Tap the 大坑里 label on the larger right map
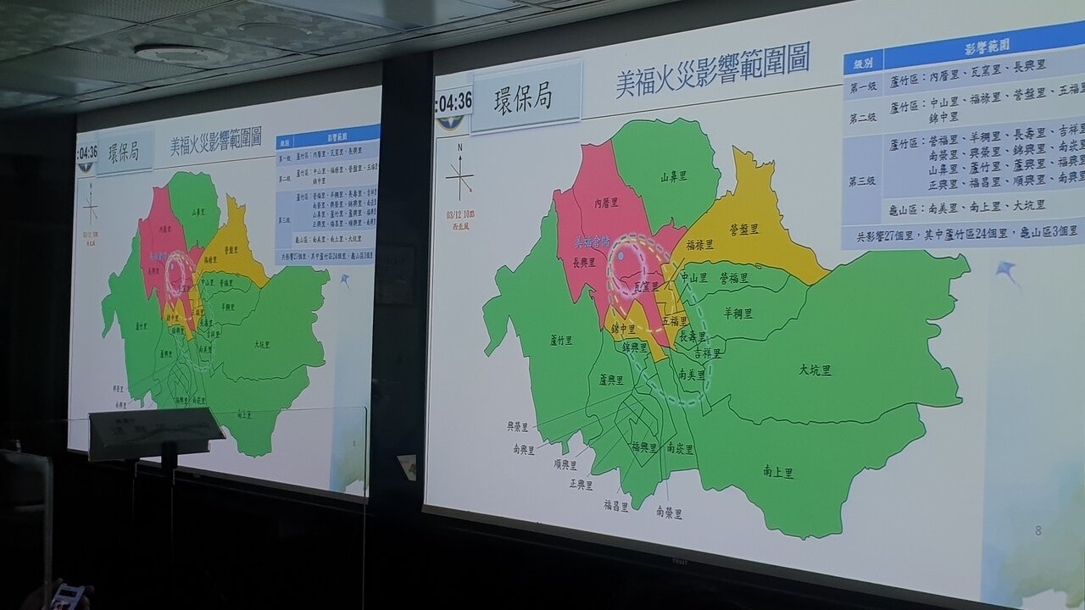(815, 369)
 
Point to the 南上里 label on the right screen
(778, 473)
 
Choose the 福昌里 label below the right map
(616, 505)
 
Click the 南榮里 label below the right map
(668, 513)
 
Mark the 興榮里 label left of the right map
(518, 427)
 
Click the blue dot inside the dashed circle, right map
(622, 255)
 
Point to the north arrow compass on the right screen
(459, 176)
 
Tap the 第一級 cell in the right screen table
(862, 86)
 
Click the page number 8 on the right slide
(1038, 531)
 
